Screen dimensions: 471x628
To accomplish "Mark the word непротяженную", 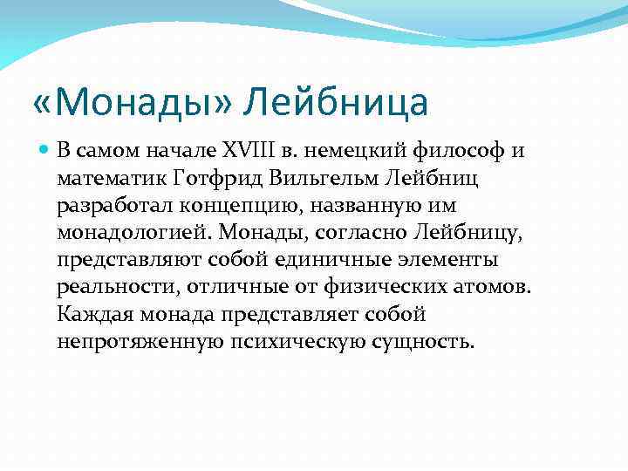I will tap(139, 341).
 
